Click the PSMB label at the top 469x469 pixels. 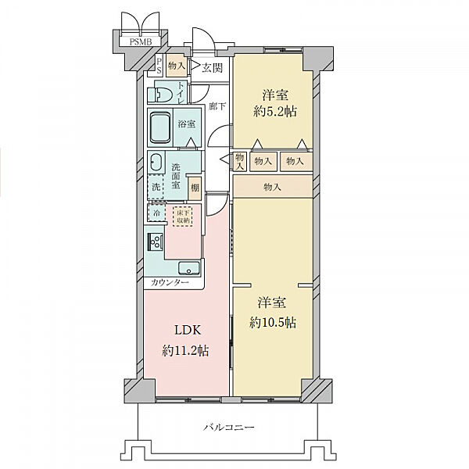click(x=141, y=41)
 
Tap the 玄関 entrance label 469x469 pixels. click(x=213, y=67)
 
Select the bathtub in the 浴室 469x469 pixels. click(x=160, y=127)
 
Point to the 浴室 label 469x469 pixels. click(x=187, y=124)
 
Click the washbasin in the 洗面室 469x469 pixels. click(x=157, y=163)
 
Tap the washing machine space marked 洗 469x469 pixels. click(x=156, y=187)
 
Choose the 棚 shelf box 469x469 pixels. click(x=195, y=188)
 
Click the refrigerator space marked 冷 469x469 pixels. click(x=157, y=213)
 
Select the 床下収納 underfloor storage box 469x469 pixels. click(x=182, y=216)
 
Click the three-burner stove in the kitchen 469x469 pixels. click(x=156, y=242)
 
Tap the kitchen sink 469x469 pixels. click(x=188, y=268)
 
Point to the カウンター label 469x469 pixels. click(x=170, y=282)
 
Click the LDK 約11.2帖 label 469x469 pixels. click(x=186, y=341)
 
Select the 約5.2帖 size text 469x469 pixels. click(x=275, y=112)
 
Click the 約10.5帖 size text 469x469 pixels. click(x=273, y=323)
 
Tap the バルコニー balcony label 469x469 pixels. click(x=229, y=427)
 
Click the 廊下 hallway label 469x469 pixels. click(x=217, y=106)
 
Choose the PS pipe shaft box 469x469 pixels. click(x=159, y=66)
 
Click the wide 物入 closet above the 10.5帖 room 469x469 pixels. click(x=273, y=186)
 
